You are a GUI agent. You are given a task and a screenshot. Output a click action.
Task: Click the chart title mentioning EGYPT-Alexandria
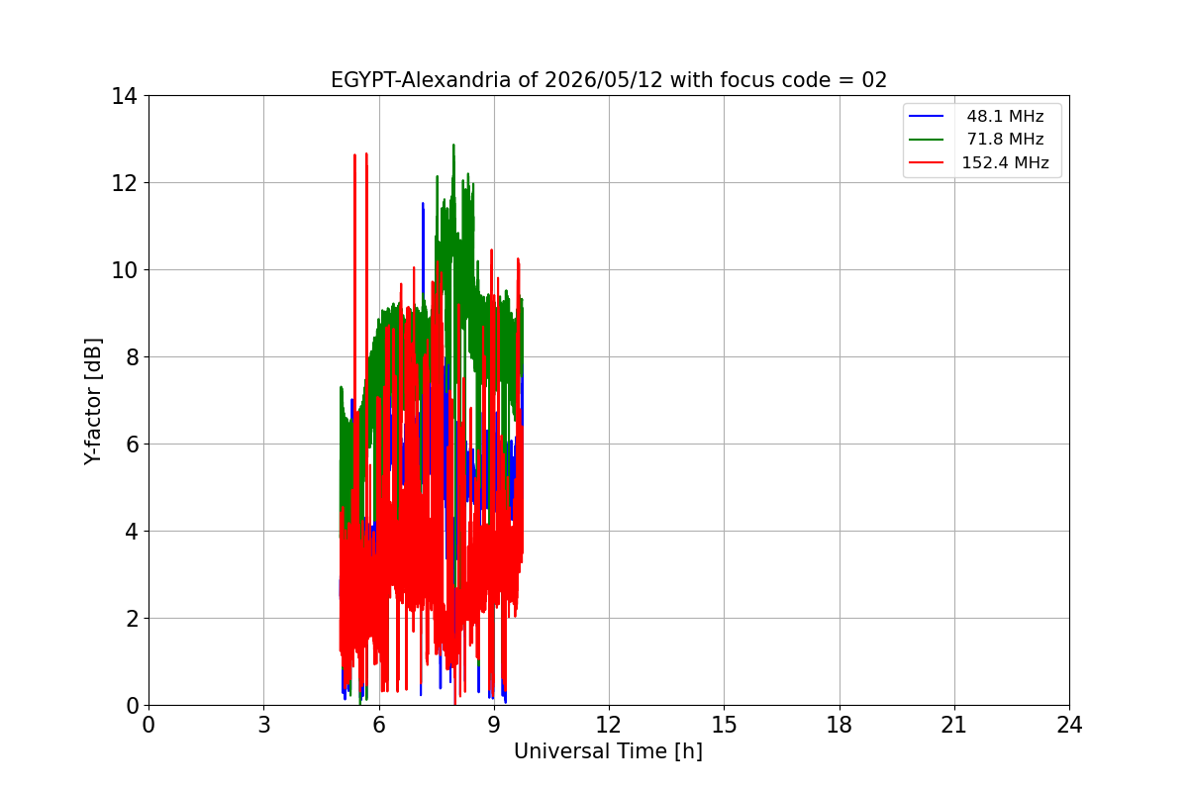click(609, 80)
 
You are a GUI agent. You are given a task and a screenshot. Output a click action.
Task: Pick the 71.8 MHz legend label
click(1005, 139)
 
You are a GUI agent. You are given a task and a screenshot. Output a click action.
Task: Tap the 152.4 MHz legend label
click(1005, 162)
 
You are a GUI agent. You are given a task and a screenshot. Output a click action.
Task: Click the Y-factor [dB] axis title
click(93, 401)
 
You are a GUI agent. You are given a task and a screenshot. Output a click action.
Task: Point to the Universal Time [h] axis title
click(608, 751)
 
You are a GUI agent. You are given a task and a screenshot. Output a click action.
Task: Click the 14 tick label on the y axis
click(124, 96)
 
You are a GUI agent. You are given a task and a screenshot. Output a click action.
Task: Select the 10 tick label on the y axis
click(124, 270)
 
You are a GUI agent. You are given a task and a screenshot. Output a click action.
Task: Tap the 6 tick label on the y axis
click(132, 444)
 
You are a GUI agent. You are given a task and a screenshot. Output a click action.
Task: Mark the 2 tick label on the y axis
click(132, 619)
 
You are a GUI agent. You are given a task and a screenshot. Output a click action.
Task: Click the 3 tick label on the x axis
click(264, 725)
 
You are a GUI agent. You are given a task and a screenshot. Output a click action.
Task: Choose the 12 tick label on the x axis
click(609, 725)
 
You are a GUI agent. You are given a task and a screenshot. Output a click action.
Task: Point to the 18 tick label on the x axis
click(840, 725)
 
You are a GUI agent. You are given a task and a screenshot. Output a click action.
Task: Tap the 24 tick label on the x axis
click(1069, 725)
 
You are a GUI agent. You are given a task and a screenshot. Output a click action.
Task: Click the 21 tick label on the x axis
click(954, 725)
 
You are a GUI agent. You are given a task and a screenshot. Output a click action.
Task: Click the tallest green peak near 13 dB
click(453, 146)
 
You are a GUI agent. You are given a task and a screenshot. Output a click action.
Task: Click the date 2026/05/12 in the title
click(604, 80)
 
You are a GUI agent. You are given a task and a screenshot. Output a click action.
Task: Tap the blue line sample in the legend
click(926, 116)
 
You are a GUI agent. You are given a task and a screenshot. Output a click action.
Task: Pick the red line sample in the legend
click(926, 162)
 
